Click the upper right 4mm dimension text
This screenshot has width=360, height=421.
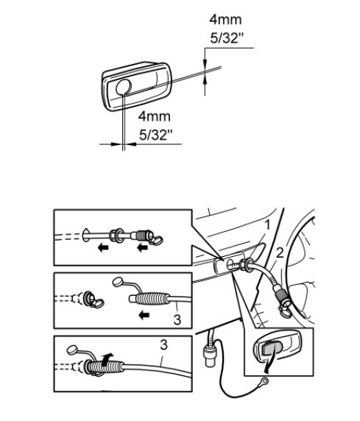pyautogui.click(x=225, y=20)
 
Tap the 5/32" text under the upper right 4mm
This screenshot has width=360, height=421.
pyautogui.click(x=227, y=38)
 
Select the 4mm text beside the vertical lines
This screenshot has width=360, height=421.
pyautogui.click(x=155, y=116)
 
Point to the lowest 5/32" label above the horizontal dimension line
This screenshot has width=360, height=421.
pyautogui.click(x=155, y=135)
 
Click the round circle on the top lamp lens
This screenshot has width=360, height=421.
pyautogui.click(x=124, y=87)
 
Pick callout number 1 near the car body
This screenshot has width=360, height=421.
pyautogui.click(x=267, y=225)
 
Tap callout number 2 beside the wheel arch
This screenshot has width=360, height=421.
pyautogui.click(x=280, y=253)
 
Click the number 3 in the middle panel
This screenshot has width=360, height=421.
pyautogui.click(x=177, y=319)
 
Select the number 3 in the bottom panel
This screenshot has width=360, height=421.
pyautogui.click(x=164, y=344)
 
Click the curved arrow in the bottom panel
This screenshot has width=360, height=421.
pyautogui.click(x=107, y=358)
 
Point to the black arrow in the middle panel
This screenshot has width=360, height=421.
pyautogui.click(x=144, y=315)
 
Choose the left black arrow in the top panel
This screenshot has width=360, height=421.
pyautogui.click(x=103, y=248)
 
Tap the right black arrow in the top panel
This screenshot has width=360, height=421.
pyautogui.click(x=142, y=248)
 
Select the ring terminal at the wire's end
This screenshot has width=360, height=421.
pyautogui.click(x=265, y=381)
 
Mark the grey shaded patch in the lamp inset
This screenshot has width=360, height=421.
pyautogui.click(x=269, y=349)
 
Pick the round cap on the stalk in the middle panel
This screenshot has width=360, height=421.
pyautogui.click(x=117, y=281)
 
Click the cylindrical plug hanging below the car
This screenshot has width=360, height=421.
pyautogui.click(x=210, y=355)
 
